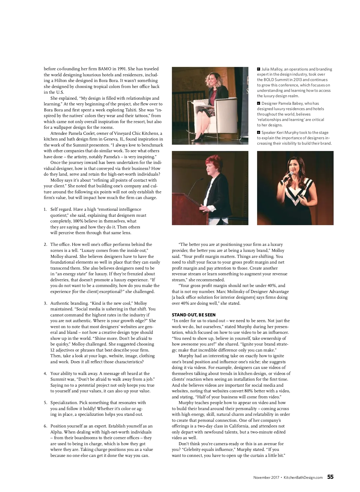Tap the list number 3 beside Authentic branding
(x=45, y=303)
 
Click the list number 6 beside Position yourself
(x=45, y=426)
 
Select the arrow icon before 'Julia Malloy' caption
(x=259, y=69)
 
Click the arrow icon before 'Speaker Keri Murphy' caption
(x=259, y=133)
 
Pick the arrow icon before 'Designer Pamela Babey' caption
(x=259, y=104)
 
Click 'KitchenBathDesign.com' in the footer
(x=303, y=477)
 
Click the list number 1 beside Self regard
(x=45, y=210)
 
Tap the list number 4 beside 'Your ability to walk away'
(x=45, y=374)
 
